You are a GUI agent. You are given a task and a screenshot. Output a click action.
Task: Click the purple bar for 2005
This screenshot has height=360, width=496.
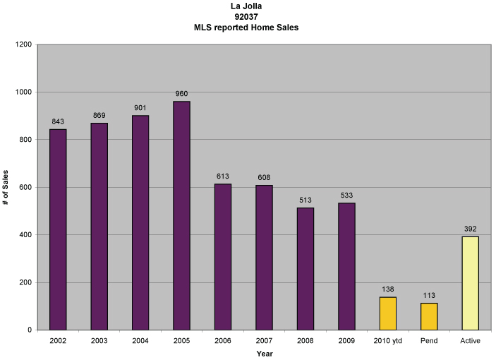[x=181, y=215]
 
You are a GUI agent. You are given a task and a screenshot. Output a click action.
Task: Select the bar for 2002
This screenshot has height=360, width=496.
[x=58, y=229]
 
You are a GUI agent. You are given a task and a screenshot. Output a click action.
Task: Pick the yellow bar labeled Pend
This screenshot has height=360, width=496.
[x=429, y=316]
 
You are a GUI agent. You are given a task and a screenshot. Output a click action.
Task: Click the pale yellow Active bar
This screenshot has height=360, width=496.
[x=470, y=283]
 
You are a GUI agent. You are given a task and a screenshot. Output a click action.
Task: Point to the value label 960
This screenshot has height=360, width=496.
[x=181, y=94]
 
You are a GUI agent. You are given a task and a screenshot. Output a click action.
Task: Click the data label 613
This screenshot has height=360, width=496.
[x=223, y=176]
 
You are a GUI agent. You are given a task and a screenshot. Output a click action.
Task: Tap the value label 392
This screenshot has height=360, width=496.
[x=470, y=229]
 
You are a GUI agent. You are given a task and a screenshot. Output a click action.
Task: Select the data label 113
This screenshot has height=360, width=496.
[x=429, y=295]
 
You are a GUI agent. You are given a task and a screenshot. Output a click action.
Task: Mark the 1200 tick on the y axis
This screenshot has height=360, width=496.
[x=24, y=44]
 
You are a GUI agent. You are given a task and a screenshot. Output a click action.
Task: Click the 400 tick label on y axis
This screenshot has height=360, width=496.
[x=26, y=234]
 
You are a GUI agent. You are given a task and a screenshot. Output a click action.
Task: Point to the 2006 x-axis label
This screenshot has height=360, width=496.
[x=223, y=341]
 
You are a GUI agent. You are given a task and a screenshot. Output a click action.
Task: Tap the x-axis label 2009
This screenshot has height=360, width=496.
[x=346, y=341]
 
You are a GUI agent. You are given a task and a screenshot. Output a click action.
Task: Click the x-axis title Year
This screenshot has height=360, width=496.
[x=265, y=353]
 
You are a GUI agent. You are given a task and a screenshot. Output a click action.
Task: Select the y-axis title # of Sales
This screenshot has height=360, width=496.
[x=6, y=187]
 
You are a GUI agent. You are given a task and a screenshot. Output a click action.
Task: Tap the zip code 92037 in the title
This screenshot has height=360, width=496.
[x=250, y=17]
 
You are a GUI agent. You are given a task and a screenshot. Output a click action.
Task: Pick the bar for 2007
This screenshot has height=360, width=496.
[x=264, y=257]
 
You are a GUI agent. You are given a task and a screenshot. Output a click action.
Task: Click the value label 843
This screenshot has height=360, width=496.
[x=58, y=121]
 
